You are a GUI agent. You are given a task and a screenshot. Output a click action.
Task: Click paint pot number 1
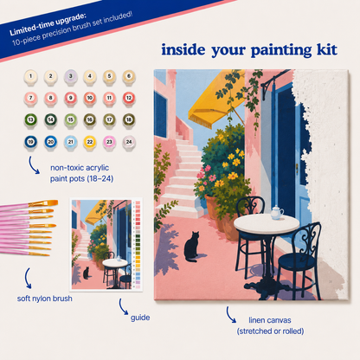31,77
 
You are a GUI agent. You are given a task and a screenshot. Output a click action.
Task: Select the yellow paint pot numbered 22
90,143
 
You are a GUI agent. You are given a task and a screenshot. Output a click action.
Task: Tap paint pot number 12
129,99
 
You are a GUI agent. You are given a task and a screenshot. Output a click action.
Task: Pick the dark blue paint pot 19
31,143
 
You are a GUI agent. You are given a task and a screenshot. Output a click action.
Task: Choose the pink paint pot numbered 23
109,143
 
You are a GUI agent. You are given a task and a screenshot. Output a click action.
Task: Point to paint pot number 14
50,120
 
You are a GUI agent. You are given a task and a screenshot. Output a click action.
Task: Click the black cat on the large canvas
192,247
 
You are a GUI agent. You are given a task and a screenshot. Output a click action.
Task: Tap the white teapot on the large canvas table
277,213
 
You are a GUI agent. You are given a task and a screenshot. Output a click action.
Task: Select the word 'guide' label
140,318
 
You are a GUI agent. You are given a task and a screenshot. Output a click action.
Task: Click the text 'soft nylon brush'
45,299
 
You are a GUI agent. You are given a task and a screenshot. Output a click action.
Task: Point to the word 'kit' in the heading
327,50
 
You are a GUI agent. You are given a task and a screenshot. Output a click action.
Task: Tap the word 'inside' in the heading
183,49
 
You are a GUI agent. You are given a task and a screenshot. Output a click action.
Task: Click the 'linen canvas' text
270,320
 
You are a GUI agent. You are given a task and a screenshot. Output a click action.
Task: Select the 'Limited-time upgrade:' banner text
48,24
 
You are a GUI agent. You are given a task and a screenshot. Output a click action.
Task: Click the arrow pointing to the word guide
124,306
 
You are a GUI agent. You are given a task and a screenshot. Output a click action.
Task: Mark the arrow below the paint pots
34,165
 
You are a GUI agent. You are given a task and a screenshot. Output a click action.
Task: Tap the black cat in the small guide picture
86,273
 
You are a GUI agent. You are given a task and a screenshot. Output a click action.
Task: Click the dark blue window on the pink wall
160,114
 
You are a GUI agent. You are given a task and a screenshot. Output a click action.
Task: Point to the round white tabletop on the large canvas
267,224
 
